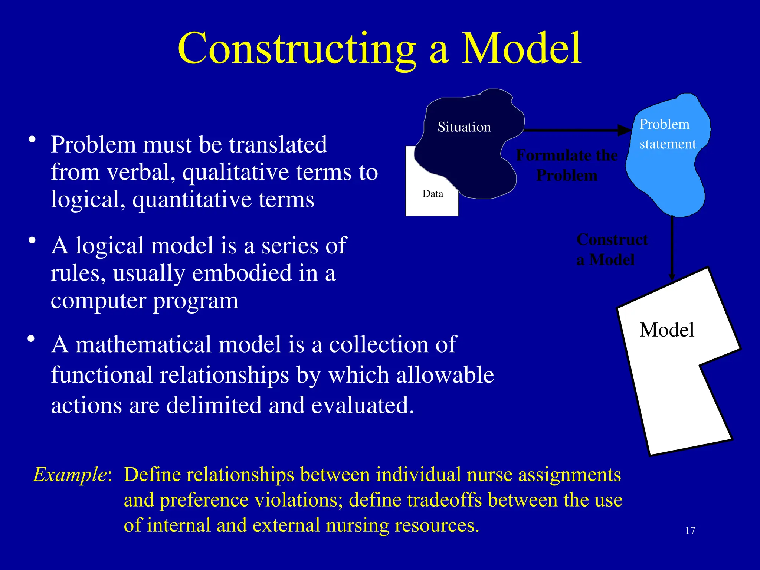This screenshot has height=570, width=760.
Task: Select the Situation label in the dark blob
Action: click(464, 127)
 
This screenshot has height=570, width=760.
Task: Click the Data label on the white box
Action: click(433, 194)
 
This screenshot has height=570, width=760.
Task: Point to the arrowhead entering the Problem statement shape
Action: click(625, 130)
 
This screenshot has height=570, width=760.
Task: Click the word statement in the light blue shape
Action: click(667, 144)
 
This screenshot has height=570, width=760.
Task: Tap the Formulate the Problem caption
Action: click(567, 165)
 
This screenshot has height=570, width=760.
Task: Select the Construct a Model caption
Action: click(612, 249)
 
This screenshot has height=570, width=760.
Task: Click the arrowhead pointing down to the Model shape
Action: click(672, 276)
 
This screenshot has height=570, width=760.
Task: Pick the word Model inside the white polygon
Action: click(666, 330)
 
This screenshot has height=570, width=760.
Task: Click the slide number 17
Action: click(690, 531)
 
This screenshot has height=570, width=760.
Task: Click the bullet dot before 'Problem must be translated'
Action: click(32, 140)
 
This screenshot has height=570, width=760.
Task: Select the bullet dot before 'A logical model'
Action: click(32, 240)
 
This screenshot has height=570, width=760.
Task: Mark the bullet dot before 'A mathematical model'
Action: click(31, 339)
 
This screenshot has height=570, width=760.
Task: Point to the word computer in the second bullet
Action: click(98, 301)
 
